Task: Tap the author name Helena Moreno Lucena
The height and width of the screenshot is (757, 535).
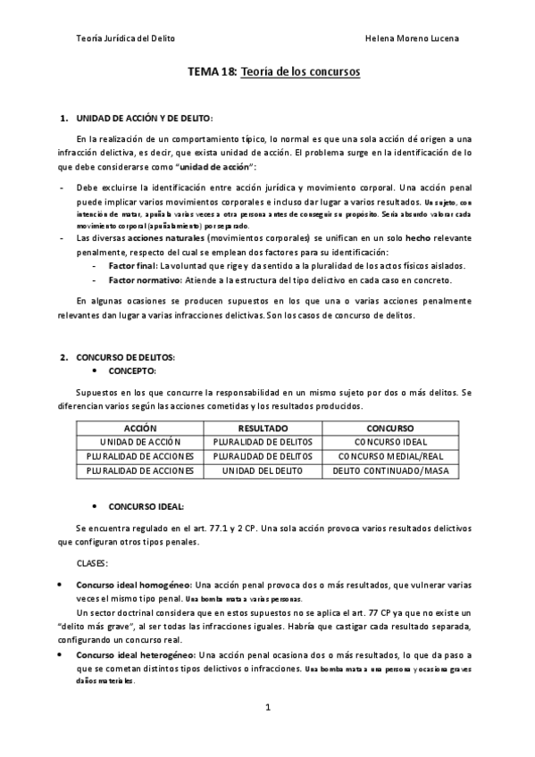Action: click(414, 39)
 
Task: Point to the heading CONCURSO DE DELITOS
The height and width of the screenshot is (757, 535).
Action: click(125, 358)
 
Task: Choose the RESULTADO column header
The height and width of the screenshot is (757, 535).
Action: click(263, 428)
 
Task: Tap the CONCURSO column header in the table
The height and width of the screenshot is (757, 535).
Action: click(389, 428)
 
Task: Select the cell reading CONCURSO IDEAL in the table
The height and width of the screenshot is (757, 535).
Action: click(389, 442)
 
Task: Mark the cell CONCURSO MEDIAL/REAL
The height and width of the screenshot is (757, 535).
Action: click(389, 456)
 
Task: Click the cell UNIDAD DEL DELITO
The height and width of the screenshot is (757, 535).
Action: click(263, 470)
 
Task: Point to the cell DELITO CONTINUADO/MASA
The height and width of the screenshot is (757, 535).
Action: click(389, 470)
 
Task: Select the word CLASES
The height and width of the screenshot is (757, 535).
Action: click(92, 564)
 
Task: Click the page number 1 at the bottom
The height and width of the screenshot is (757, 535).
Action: click(268, 708)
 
